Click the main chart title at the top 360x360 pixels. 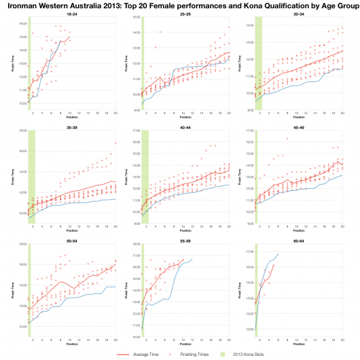[180, 6]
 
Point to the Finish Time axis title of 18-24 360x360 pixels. [13, 64]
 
